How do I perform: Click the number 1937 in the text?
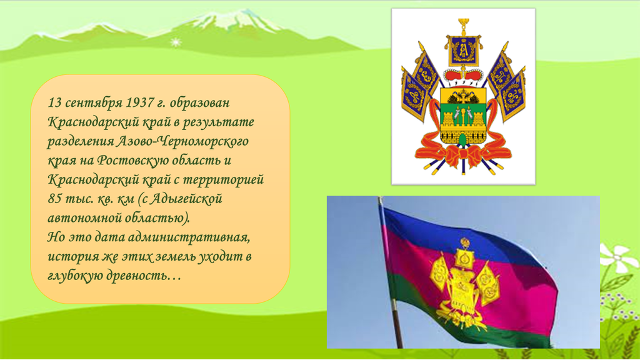[138, 102]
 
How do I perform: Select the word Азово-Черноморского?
[182, 141]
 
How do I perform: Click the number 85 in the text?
[55, 199]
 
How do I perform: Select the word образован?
[199, 103]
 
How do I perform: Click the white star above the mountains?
[176, 42]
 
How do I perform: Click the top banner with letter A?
[463, 51]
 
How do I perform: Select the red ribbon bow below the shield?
[463, 155]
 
